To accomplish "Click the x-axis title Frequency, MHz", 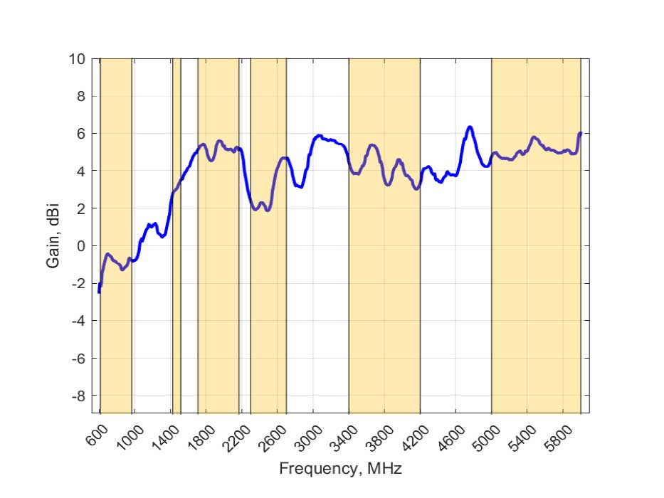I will pos(340,469).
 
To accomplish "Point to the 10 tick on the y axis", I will pos(76,58).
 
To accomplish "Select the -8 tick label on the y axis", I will pos(76,396).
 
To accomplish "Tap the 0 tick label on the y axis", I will pos(80,246).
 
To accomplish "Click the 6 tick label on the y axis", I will pos(80,134).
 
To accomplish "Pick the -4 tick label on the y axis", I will pos(76,321).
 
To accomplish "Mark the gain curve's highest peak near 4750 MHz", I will pos(470,127).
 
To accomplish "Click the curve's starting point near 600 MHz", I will pos(99,292).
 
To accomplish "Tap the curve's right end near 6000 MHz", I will pos(580,133).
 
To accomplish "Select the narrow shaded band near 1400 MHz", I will pos(176,235).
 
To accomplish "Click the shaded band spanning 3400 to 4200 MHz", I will pos(384,285).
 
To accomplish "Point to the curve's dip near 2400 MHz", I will pos(267,210).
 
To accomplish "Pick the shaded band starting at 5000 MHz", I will pos(536,285).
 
